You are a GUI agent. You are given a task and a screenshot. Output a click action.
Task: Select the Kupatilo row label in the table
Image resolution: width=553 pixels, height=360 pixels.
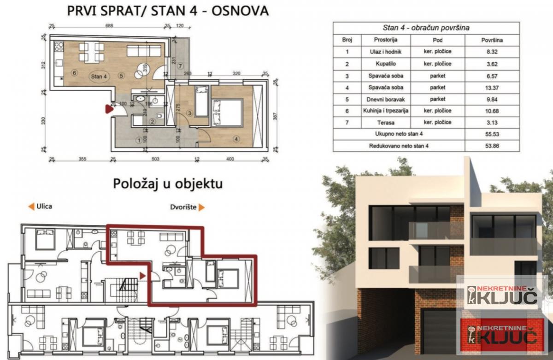tap(386, 64)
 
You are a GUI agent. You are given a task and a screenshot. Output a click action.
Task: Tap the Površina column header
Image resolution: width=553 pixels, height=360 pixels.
tap(491, 40)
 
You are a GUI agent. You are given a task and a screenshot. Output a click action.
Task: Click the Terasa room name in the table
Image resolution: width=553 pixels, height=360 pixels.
tap(386, 122)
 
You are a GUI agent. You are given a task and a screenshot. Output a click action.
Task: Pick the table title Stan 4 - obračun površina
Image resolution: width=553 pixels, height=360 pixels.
tap(426, 28)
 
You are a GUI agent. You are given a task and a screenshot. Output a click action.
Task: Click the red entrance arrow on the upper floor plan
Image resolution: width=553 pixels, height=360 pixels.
tap(109, 109)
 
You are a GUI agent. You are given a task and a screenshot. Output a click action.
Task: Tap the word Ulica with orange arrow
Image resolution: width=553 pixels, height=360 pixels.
tap(40, 207)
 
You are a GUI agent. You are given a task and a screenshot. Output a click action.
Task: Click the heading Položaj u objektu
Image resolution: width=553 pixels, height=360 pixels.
tap(168, 184)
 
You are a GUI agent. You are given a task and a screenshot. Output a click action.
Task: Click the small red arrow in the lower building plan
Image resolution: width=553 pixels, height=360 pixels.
tap(143, 275)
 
